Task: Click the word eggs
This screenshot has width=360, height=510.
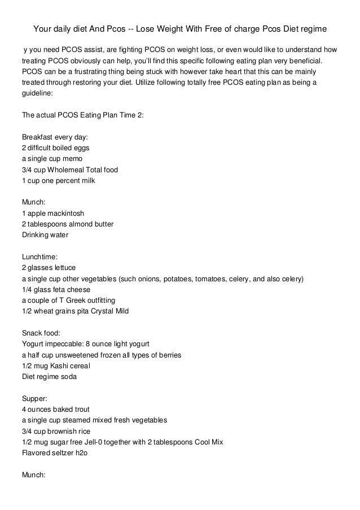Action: click(79, 147)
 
